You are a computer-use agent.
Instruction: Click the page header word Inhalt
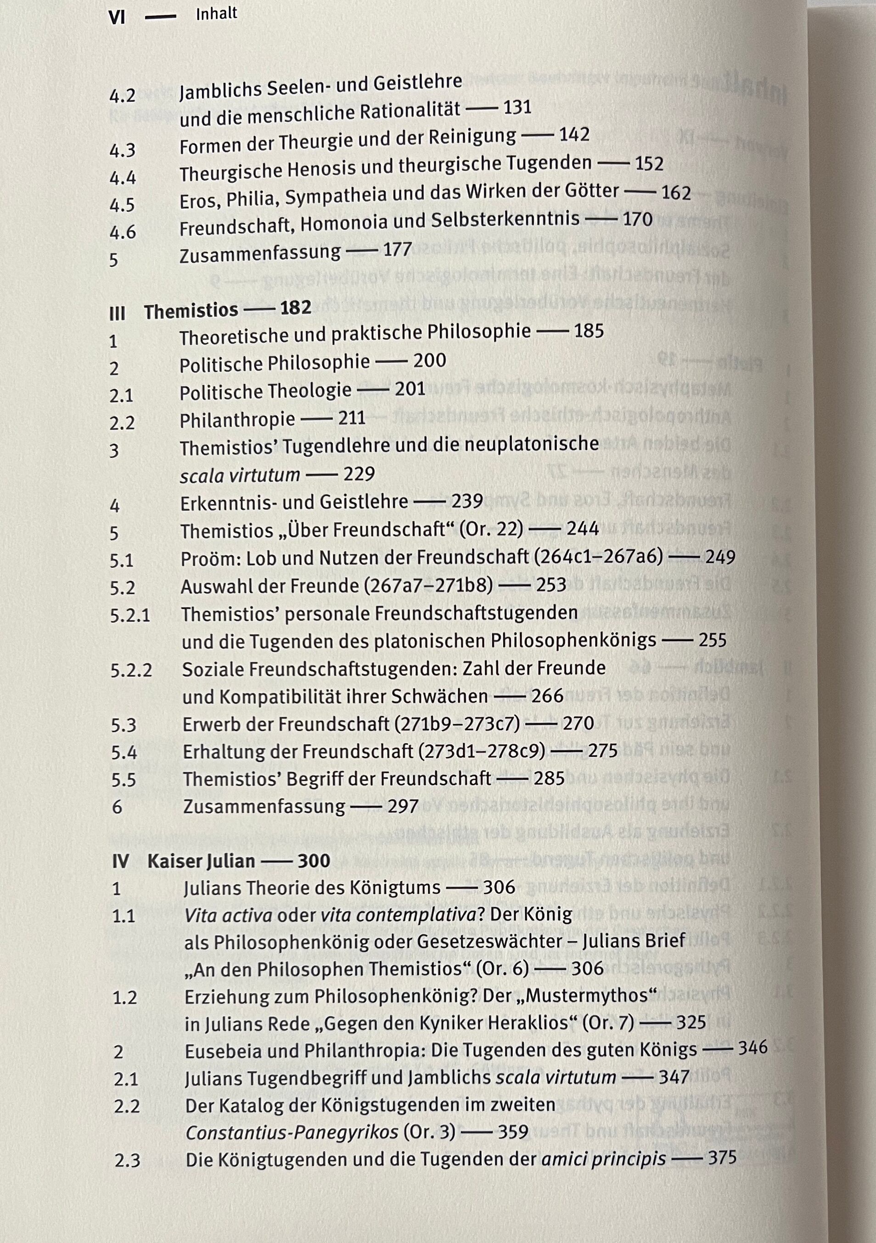pyautogui.click(x=216, y=13)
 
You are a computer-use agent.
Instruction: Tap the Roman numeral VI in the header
pyautogui.click(x=117, y=18)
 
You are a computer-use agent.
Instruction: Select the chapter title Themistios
pyautogui.click(x=191, y=311)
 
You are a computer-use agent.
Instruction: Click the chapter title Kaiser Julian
pyautogui.click(x=201, y=861)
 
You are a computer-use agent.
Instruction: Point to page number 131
pyautogui.click(x=517, y=107)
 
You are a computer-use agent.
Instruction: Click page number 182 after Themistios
pyautogui.click(x=296, y=308)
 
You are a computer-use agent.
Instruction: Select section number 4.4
pyautogui.click(x=123, y=178)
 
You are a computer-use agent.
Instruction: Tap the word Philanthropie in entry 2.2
pyautogui.click(x=237, y=420)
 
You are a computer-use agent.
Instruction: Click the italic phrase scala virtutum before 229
pyautogui.click(x=240, y=475)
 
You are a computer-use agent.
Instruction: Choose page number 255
pyautogui.click(x=712, y=640)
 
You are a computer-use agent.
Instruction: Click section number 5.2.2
pyautogui.click(x=131, y=670)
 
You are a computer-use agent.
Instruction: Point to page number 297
pyautogui.click(x=403, y=806)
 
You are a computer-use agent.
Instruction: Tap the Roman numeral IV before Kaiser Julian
pyautogui.click(x=120, y=861)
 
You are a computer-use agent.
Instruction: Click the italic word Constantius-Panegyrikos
pyautogui.click(x=292, y=1132)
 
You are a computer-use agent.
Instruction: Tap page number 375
pyautogui.click(x=722, y=1158)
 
